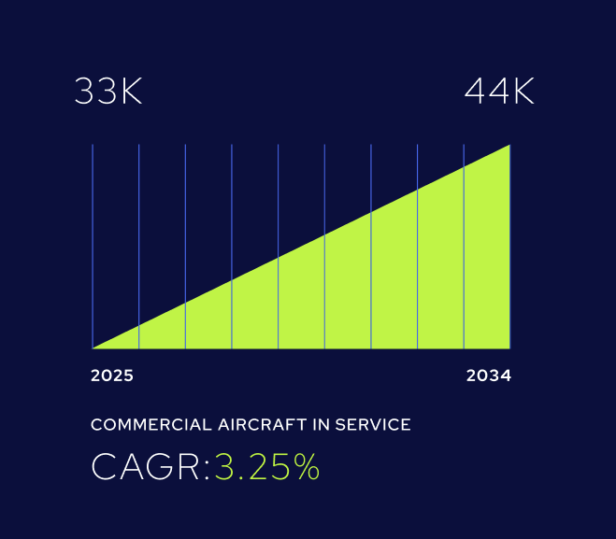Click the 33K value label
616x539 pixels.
[x=108, y=92]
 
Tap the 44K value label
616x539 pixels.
[x=499, y=92]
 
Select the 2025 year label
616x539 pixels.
[x=112, y=376]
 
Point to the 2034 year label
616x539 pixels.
[x=488, y=376]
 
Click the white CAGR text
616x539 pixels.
[x=147, y=467]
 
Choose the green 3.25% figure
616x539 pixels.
[x=267, y=467]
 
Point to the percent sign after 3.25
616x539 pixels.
[x=305, y=467]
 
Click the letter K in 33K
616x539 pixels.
[x=130, y=92]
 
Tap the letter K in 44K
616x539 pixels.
[x=522, y=92]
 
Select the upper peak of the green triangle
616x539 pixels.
[x=509, y=146]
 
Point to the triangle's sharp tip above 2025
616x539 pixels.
[x=95, y=347]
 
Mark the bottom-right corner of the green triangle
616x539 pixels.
[x=509, y=347]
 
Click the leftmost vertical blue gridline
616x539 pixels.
[x=93, y=234]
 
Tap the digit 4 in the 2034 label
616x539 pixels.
[x=505, y=376]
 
